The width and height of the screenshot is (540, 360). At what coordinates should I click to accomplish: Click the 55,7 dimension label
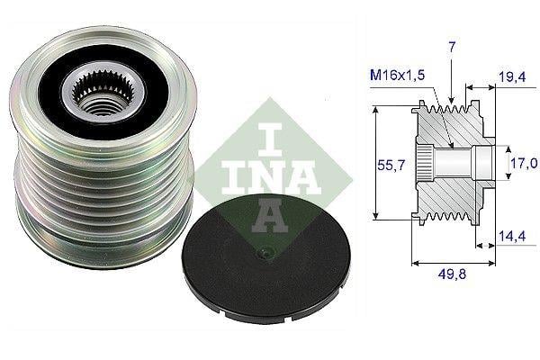[x=391, y=166]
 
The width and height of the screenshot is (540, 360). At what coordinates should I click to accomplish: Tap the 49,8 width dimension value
[x=452, y=274]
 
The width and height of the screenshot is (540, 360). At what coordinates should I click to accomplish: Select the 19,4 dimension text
[x=512, y=76]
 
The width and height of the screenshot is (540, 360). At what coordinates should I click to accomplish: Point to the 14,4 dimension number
[x=512, y=236]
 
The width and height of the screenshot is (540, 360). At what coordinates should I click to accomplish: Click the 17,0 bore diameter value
[x=524, y=163]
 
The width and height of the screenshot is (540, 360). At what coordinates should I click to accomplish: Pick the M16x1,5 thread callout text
[x=398, y=75]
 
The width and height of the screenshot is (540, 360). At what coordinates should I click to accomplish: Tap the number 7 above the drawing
[x=452, y=47]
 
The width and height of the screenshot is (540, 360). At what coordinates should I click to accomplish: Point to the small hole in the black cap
[x=265, y=254]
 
